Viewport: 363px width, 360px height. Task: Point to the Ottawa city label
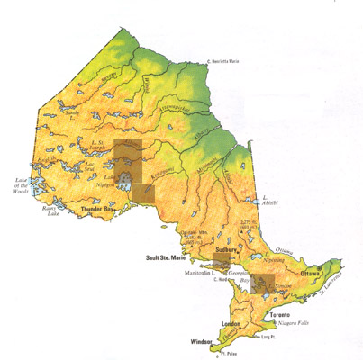tap(312, 272)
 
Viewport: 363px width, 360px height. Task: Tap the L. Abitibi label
tap(268, 199)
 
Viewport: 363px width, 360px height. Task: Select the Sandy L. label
tap(68, 101)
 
